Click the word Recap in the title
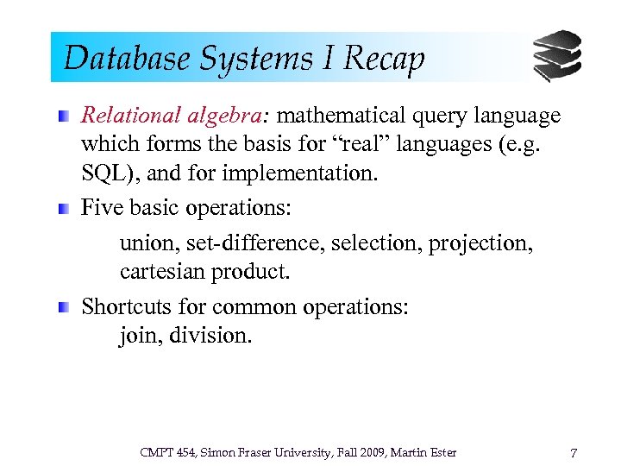tap(384, 59)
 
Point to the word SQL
tap(104, 173)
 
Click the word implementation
tap(299, 173)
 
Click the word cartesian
tap(158, 272)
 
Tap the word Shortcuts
tap(126, 307)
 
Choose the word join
tap(137, 336)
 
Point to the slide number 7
tap(574, 453)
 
